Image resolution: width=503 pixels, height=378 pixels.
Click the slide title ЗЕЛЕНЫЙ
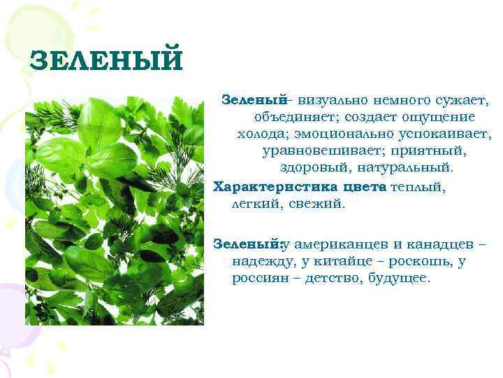pos(106,60)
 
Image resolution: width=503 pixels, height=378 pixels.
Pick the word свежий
pos(319,204)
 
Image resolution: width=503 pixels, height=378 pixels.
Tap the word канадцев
pos(441,244)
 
